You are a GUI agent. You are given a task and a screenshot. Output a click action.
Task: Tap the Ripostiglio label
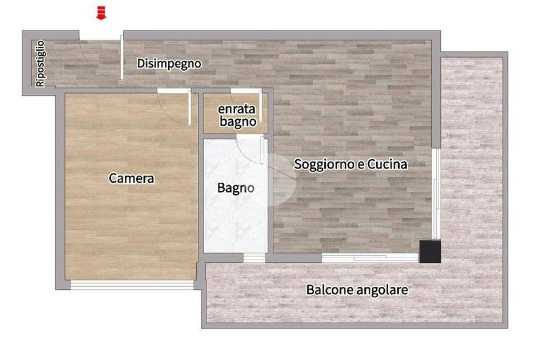40,63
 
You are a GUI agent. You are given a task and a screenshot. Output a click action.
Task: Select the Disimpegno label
169,64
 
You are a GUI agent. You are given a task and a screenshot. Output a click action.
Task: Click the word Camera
131,178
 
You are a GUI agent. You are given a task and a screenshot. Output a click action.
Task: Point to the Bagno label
236,188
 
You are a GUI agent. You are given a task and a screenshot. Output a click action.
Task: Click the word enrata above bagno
237,109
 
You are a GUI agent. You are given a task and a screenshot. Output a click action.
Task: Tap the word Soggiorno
324,164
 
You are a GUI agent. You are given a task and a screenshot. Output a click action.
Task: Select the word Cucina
387,164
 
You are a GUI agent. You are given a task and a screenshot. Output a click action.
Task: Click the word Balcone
330,290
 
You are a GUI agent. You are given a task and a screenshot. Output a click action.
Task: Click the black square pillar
430,251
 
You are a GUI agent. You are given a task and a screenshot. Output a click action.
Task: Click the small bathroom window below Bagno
254,258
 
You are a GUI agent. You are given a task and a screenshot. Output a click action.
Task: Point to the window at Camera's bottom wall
132,285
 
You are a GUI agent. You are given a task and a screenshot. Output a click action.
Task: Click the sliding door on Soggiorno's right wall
436,194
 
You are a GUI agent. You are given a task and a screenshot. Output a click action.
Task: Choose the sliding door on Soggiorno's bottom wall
370,258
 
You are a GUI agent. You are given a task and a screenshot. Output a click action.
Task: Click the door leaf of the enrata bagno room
261,106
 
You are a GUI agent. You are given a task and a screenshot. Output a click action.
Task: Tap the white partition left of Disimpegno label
122,57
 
